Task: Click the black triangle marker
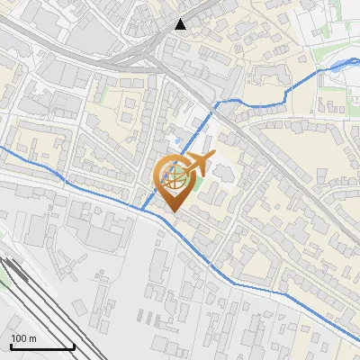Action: [182, 24]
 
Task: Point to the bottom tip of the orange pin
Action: [172, 212]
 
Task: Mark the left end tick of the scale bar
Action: [10, 346]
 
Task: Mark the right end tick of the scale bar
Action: [74, 346]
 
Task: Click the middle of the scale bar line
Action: [41, 347]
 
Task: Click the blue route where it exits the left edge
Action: [2, 148]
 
